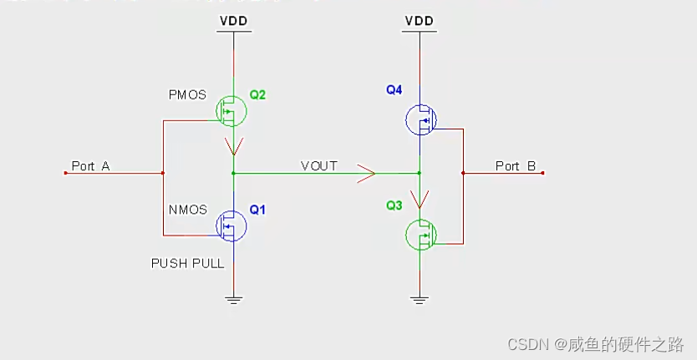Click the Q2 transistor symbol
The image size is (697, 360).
(x=231, y=109)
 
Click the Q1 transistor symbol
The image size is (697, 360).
(x=231, y=225)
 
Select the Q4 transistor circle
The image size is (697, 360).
(x=421, y=121)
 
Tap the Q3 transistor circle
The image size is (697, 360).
(x=421, y=236)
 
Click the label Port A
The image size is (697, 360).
(x=90, y=166)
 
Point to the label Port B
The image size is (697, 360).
(x=515, y=166)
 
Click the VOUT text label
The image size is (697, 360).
(x=318, y=166)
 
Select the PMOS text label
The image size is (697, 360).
(x=187, y=95)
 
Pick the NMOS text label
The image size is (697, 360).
(x=187, y=210)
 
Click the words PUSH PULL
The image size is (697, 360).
(x=187, y=263)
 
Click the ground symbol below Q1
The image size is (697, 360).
(x=233, y=297)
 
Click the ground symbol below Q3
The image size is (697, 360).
(x=420, y=297)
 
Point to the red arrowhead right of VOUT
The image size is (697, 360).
(x=366, y=174)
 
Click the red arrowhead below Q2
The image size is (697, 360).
(x=233, y=149)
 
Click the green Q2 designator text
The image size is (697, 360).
(x=257, y=94)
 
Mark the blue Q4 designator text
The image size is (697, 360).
(x=394, y=89)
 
